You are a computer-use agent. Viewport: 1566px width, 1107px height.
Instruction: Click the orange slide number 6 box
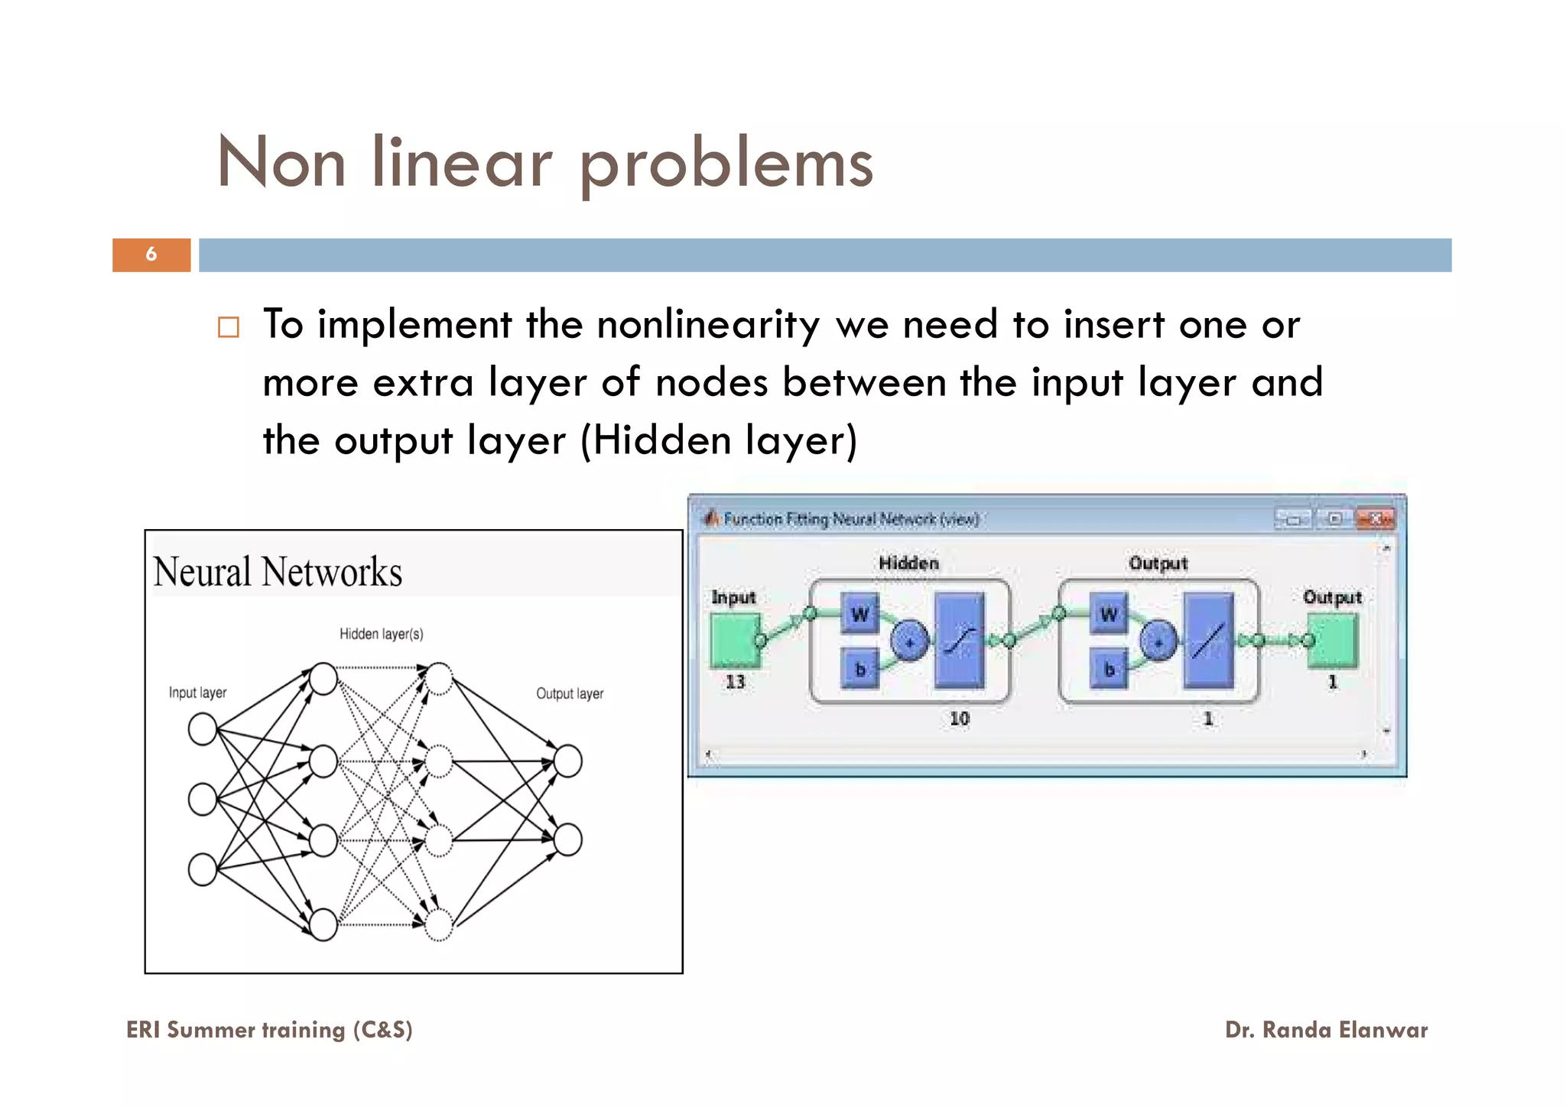tap(151, 255)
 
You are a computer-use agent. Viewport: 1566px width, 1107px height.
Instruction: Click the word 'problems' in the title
tap(726, 164)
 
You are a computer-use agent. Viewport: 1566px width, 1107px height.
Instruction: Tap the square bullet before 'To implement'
tap(229, 327)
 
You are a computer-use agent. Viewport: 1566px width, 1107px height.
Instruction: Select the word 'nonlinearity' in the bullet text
tap(708, 325)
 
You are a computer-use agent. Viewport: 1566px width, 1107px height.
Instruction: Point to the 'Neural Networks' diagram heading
tap(278, 572)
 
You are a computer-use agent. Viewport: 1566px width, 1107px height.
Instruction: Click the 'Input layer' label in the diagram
tap(197, 693)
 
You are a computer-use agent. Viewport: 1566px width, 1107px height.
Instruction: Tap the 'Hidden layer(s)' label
tap(381, 634)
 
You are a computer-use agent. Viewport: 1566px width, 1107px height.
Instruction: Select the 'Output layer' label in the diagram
tap(569, 693)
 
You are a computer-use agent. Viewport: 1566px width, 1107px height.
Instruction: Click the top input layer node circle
tap(203, 729)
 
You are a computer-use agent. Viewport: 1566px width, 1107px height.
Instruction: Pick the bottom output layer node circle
tap(567, 839)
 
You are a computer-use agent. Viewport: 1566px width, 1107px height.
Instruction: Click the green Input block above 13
tap(735, 640)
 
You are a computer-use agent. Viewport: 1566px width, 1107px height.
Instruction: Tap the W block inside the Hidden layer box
tap(859, 614)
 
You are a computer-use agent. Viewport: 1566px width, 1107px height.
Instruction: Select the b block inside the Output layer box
tap(1109, 669)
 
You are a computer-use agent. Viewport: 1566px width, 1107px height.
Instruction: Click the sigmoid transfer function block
tap(959, 641)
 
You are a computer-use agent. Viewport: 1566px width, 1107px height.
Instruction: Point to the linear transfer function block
tap(1208, 641)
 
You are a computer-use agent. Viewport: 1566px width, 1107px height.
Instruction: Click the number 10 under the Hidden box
tap(959, 719)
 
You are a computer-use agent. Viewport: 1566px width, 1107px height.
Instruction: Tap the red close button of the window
tap(1374, 519)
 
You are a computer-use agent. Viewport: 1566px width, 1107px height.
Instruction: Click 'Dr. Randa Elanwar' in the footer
tap(1326, 1030)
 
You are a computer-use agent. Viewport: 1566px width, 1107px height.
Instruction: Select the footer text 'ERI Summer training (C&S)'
tap(269, 1030)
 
